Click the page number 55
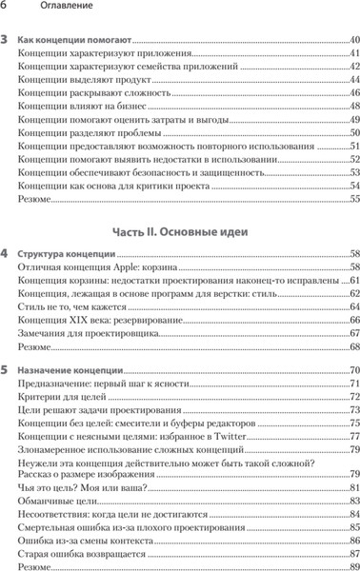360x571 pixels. tap(353, 200)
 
